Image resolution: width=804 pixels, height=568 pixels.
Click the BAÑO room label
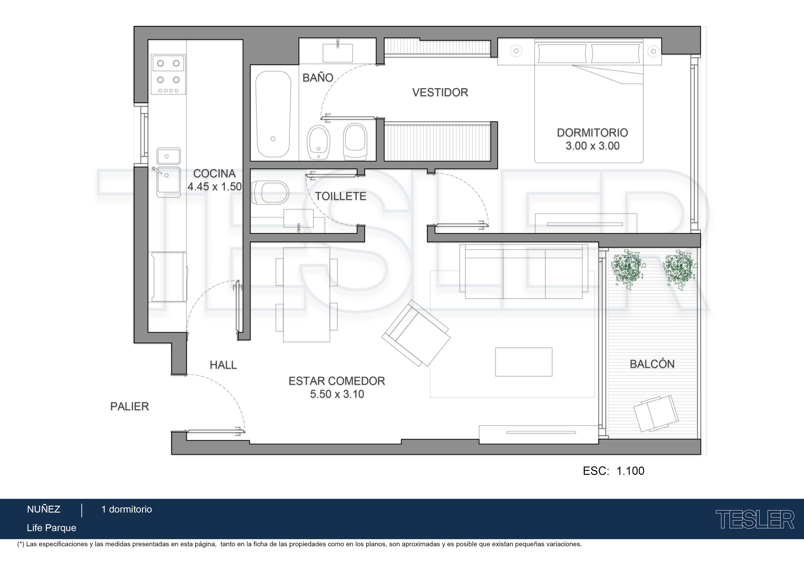(318, 77)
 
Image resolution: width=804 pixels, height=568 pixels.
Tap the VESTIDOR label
(440, 92)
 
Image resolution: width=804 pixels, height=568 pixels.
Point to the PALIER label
(129, 406)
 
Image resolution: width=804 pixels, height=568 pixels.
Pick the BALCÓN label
(652, 364)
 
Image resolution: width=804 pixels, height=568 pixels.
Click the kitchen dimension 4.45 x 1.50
(215, 186)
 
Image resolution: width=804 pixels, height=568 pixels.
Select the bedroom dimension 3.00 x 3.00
(592, 146)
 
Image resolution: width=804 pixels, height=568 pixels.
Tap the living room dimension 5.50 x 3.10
(337, 394)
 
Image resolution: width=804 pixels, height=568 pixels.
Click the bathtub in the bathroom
(273, 114)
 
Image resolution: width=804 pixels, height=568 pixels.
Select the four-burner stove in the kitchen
(168, 74)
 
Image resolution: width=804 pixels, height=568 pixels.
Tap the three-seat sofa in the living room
(524, 272)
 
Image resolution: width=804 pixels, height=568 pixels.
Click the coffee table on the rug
(523, 362)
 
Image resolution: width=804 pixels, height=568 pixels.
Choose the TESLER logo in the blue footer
(755, 519)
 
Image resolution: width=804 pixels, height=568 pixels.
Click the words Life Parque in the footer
(52, 528)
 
